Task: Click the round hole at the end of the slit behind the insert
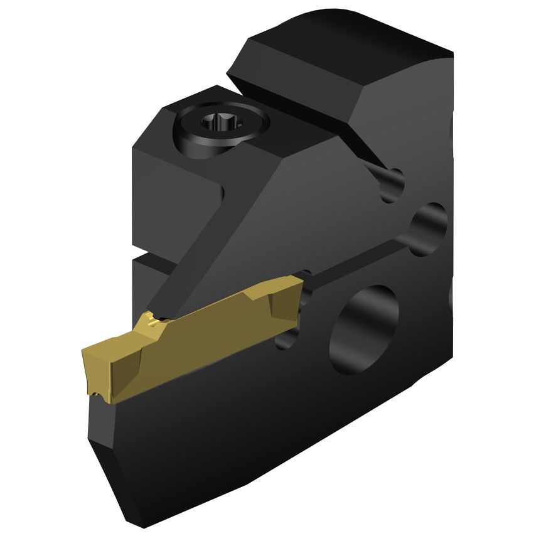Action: point(429,223)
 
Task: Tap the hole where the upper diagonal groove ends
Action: point(394,184)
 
